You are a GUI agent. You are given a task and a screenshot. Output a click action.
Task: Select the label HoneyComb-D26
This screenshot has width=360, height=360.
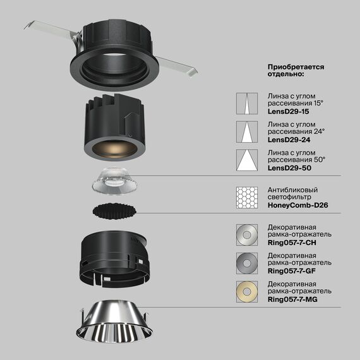click(x=298, y=205)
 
